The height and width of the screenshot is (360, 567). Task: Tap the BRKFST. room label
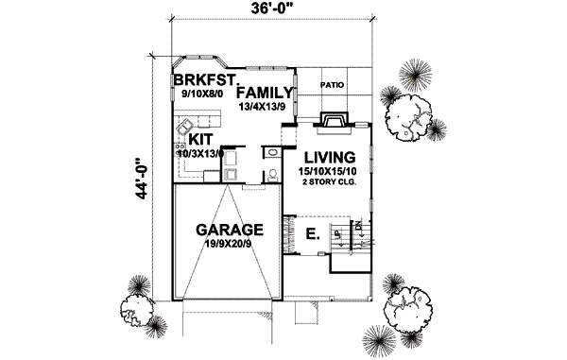click(202, 81)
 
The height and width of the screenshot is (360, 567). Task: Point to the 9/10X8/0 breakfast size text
click(198, 94)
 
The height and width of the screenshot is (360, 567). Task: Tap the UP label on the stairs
click(335, 232)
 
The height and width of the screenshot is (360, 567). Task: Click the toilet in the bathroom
click(271, 173)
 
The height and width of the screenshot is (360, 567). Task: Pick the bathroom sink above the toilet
click(270, 152)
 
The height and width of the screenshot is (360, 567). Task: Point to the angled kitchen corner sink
click(186, 128)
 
